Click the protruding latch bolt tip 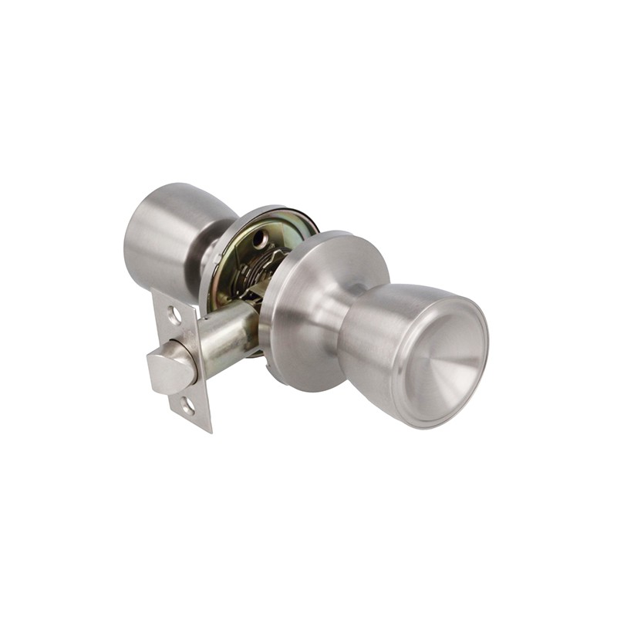coord(170,370)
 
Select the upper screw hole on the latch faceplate coord(174,315)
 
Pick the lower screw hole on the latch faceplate coord(187,403)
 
